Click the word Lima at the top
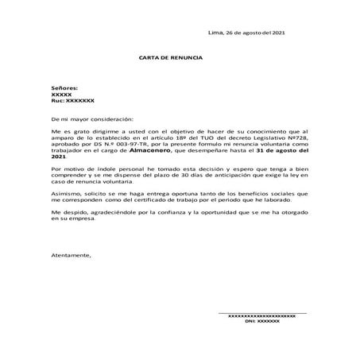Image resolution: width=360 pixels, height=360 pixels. [215, 33]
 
